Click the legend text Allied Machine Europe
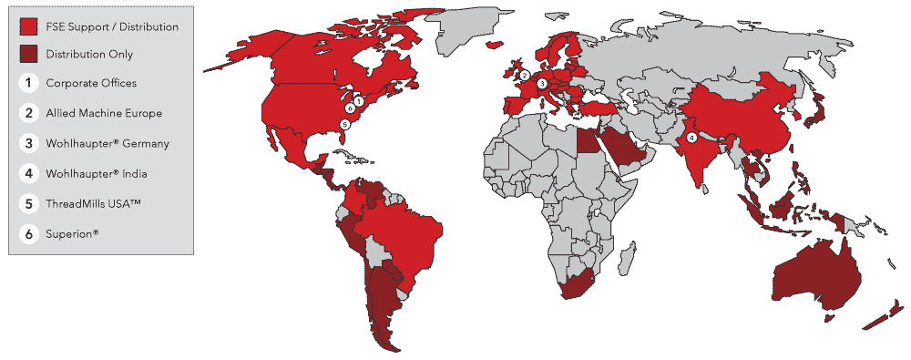(x=104, y=114)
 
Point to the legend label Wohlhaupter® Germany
(x=107, y=144)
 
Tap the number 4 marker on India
(x=691, y=138)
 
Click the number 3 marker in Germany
(x=542, y=84)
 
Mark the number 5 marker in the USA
(x=344, y=124)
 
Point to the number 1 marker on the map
(x=359, y=100)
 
